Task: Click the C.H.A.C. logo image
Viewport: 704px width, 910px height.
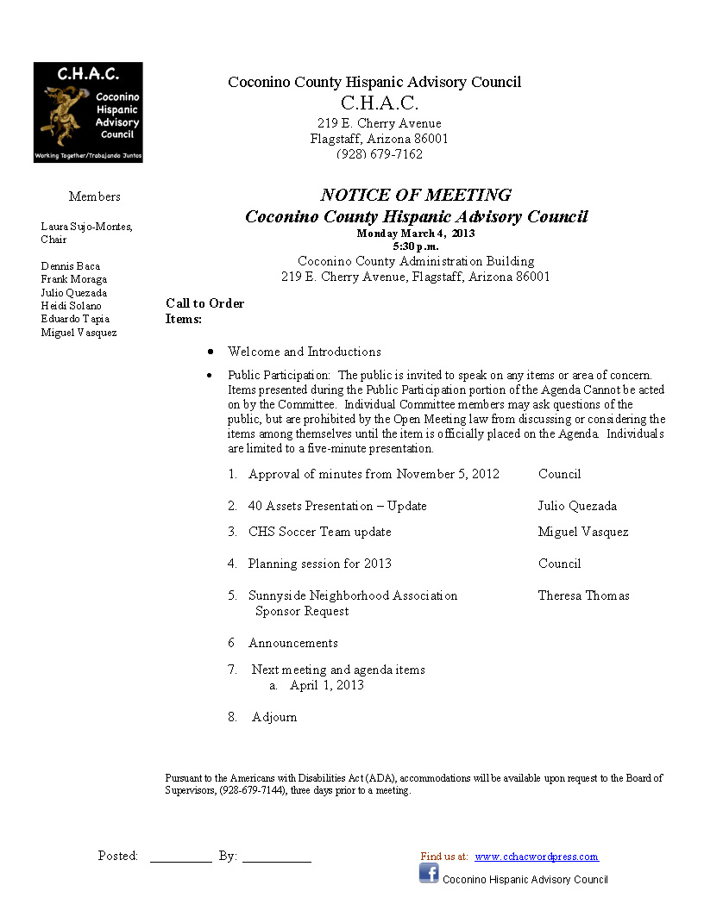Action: [88, 112]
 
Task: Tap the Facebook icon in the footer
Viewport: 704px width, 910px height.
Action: [429, 873]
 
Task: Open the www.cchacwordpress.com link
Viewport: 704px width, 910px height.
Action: [536, 857]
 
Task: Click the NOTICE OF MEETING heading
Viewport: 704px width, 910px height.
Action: [416, 195]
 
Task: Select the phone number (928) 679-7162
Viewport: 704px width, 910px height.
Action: [380, 154]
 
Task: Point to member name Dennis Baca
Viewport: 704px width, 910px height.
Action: [71, 266]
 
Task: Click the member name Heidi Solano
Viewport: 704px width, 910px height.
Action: [71, 306]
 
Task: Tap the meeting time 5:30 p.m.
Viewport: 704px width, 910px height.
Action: [416, 246]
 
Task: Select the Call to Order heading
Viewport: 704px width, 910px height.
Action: [205, 303]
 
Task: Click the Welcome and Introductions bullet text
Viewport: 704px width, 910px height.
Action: [304, 352]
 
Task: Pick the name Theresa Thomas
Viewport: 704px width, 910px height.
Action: [584, 595]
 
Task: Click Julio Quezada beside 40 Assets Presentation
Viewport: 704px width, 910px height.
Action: [577, 506]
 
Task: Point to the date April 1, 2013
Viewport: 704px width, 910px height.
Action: [327, 685]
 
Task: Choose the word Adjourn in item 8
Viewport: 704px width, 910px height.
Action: [274, 717]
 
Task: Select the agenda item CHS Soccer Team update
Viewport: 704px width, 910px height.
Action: [319, 532]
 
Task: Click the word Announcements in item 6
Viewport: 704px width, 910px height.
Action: [293, 643]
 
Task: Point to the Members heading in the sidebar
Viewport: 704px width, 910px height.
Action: [95, 196]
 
